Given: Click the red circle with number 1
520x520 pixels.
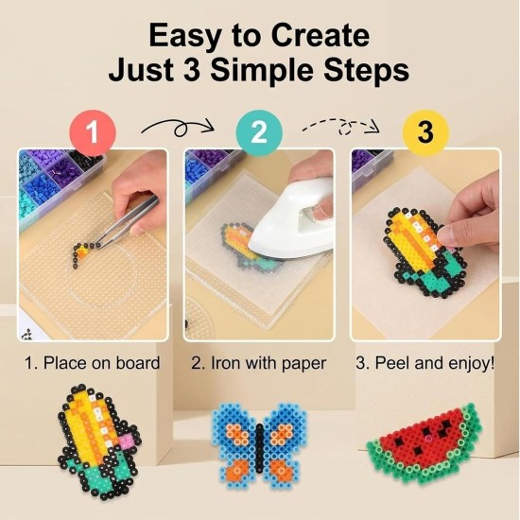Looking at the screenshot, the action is pyautogui.click(x=93, y=133).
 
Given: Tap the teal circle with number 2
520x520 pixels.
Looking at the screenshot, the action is pyautogui.click(x=259, y=133).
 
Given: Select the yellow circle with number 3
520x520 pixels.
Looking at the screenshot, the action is pyautogui.click(x=425, y=133).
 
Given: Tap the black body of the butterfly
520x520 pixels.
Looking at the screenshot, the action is pyautogui.click(x=259, y=447).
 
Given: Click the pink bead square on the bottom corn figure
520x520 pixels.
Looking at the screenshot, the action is pyautogui.click(x=128, y=441).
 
